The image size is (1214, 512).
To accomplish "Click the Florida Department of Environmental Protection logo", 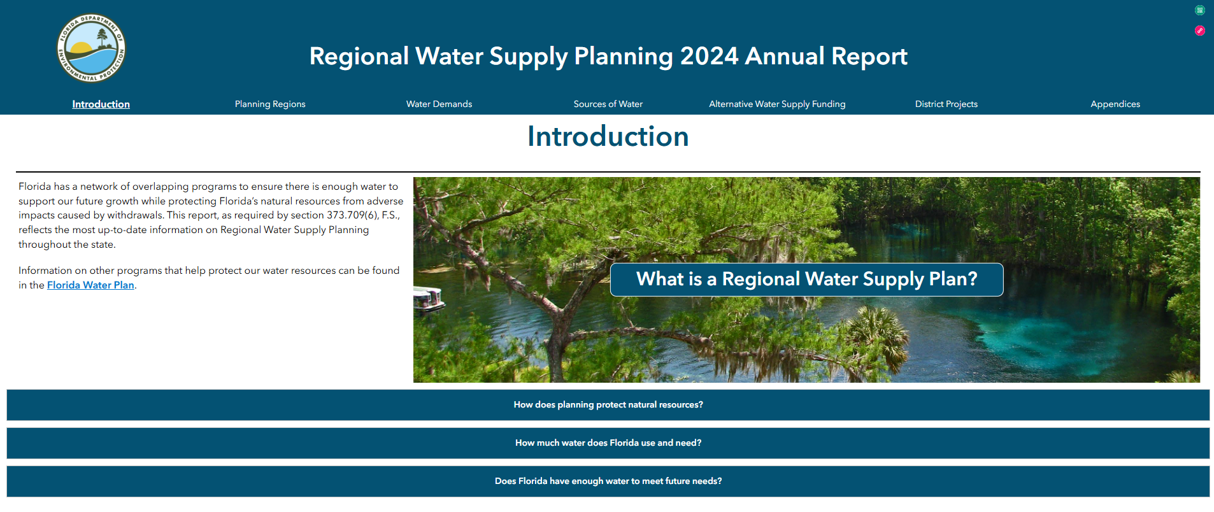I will point(91,48).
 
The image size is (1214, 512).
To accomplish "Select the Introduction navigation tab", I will point(101,104).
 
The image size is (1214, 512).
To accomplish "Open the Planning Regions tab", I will point(270,104).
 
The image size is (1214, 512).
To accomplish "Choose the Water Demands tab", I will point(439,104).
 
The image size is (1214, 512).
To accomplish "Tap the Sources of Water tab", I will point(608,104).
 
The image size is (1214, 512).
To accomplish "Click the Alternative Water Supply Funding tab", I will point(777,104).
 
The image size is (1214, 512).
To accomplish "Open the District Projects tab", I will point(946,104).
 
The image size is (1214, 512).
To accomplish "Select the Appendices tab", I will point(1115,104).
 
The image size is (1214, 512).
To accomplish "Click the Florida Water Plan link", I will point(90,285).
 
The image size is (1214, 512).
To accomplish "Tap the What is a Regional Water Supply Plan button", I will point(806,280).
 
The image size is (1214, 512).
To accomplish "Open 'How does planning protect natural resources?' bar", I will point(608,405).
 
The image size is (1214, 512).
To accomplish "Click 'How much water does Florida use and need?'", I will point(608,443).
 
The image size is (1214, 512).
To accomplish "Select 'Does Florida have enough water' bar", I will point(608,481).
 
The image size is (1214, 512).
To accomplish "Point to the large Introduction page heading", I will point(608,136).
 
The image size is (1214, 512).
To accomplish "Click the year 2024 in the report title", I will point(709,56).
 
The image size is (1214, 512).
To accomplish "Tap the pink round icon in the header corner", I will point(1199,31).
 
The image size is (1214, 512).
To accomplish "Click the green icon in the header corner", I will point(1199,10).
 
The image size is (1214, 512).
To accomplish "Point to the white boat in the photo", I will point(428,298).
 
